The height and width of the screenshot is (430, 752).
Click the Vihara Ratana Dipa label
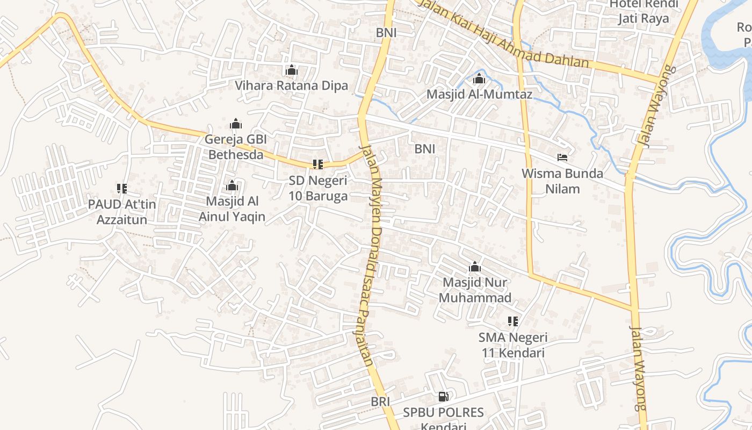291,85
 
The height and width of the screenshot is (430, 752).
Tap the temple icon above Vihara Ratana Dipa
292,70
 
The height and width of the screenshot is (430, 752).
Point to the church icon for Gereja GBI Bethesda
236,124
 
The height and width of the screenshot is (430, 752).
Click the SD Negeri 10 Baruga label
318,188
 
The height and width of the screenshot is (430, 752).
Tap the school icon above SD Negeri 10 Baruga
318,164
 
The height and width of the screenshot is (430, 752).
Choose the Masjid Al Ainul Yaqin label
232,209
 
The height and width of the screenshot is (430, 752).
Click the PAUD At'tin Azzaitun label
122,212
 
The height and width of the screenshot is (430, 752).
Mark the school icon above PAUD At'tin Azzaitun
122,188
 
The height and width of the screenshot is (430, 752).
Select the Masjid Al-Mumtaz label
479,95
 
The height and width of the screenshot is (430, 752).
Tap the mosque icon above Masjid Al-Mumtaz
479,79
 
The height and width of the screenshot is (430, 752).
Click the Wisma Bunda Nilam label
562,181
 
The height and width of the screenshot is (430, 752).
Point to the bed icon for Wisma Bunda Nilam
562,157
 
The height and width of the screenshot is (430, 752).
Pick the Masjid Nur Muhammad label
475,290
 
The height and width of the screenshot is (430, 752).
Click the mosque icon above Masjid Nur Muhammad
475,267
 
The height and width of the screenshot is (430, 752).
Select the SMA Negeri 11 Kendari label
513,345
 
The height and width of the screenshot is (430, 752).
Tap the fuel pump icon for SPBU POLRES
444,397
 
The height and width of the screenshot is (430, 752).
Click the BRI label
380,402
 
